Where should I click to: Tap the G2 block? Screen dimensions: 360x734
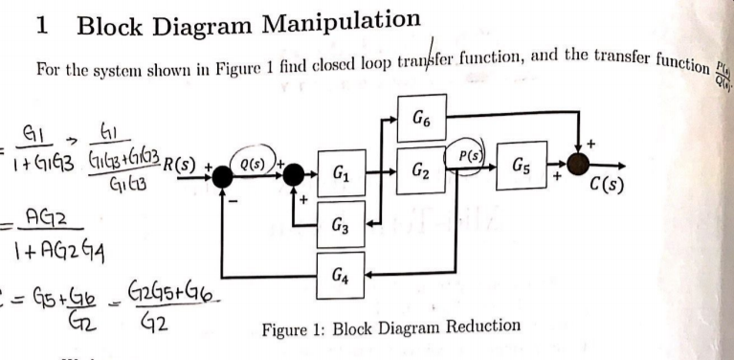pyautogui.click(x=421, y=174)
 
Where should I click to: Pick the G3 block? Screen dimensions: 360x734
pyautogui.click(x=341, y=226)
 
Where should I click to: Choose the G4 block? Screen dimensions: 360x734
pyautogui.click(x=342, y=278)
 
